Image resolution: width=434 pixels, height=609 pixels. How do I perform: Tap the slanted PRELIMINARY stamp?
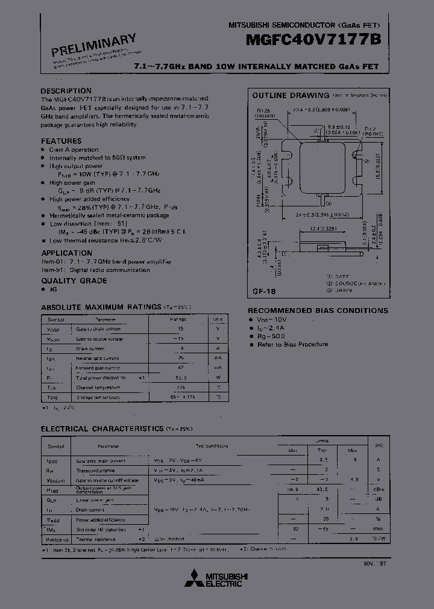(93, 46)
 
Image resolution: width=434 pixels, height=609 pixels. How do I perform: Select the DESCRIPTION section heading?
(66, 91)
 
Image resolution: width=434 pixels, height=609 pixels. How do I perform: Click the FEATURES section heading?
(61, 141)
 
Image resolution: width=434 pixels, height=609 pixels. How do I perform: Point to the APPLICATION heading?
(66, 253)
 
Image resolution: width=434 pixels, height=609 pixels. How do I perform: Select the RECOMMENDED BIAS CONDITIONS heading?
(318, 311)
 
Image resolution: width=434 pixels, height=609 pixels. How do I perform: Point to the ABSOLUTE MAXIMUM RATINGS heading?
(101, 307)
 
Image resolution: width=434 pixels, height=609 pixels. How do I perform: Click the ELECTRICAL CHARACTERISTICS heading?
(102, 428)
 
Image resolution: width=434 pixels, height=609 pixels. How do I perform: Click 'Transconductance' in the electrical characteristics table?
(95, 470)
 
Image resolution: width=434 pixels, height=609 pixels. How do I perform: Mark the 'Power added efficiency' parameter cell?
(101, 519)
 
